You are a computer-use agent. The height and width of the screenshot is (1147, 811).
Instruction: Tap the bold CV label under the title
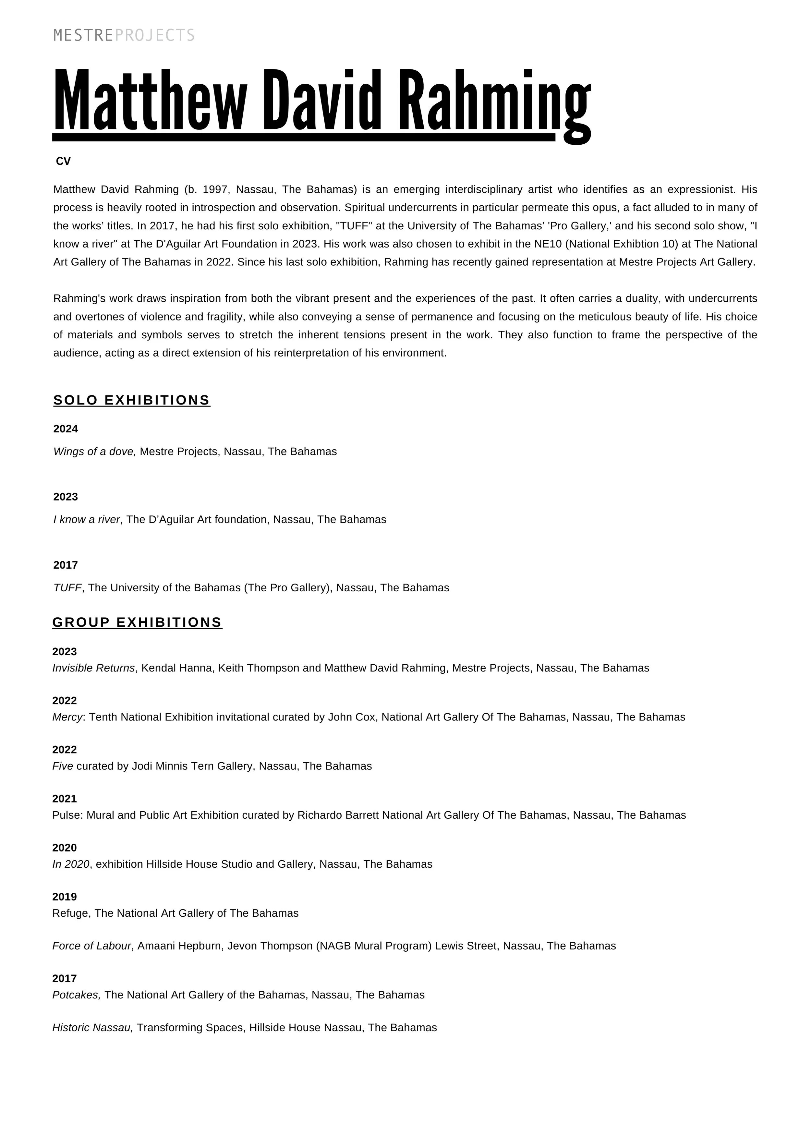(64, 161)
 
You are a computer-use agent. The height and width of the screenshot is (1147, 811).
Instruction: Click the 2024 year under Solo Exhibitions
(66, 429)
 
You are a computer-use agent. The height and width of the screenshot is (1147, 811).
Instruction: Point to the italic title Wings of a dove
(94, 452)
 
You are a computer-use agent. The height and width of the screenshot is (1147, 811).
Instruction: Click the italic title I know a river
(86, 520)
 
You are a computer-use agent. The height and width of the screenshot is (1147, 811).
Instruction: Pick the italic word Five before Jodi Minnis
(63, 766)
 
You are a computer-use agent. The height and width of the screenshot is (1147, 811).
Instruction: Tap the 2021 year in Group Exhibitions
(65, 799)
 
